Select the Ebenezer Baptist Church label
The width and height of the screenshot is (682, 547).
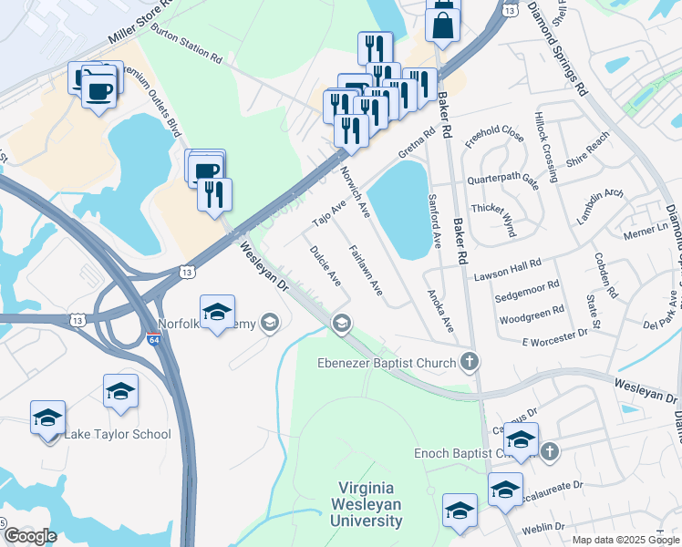[386, 364]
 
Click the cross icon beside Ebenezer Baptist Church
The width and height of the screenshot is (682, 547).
[470, 363]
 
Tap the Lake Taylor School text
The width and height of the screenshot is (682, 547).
[117, 434]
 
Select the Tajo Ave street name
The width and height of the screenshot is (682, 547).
[329, 215]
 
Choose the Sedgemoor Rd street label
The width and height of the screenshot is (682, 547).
[526, 297]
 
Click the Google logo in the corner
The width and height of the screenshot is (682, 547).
[29, 535]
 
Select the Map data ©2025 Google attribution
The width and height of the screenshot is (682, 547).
[625, 540]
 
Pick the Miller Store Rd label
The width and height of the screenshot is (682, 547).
[139, 26]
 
